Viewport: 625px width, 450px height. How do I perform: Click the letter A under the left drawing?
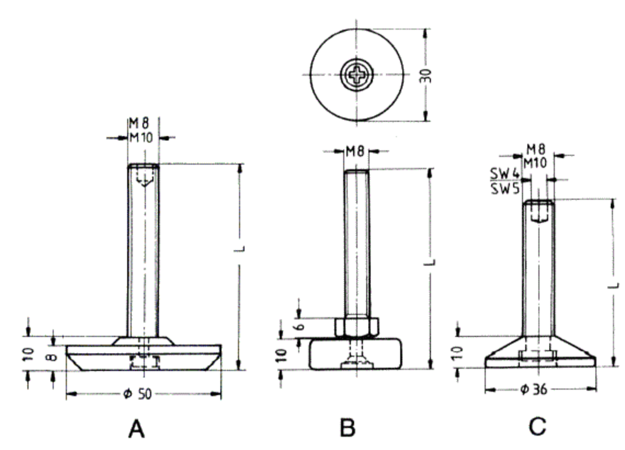pyautogui.click(x=136, y=429)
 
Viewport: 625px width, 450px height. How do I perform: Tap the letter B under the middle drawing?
pyautogui.click(x=347, y=427)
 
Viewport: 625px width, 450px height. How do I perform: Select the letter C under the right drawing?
pyautogui.click(x=537, y=426)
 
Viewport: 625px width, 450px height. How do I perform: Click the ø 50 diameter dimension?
pyautogui.click(x=138, y=394)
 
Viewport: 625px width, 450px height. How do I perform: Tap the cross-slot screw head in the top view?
pyautogui.click(x=357, y=75)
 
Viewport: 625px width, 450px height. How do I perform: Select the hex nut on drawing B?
pyautogui.click(x=356, y=327)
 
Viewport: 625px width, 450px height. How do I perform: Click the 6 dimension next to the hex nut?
pyautogui.click(x=300, y=326)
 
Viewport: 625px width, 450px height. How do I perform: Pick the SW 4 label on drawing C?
pyautogui.click(x=505, y=174)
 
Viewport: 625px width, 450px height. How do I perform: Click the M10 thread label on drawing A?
pyautogui.click(x=141, y=138)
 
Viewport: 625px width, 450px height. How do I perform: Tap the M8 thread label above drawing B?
pyautogui.click(x=355, y=151)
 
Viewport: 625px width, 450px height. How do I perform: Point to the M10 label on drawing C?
pyautogui.click(x=535, y=163)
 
